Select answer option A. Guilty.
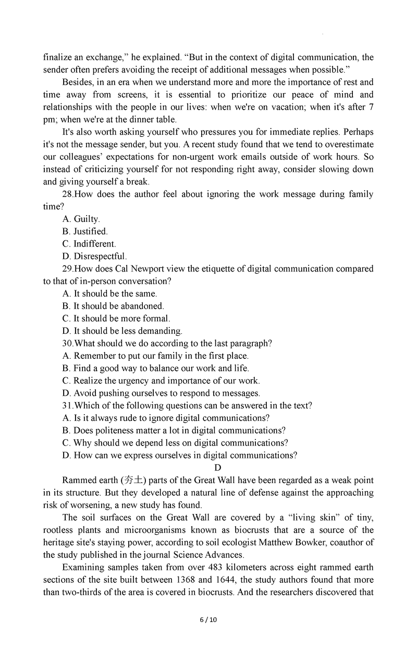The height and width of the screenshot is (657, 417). point(81,219)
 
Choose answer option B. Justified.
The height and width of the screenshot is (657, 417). point(85,231)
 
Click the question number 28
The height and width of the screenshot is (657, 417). point(68,194)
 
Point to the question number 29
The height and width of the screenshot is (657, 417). point(68,269)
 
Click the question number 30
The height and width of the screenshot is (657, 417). point(68,344)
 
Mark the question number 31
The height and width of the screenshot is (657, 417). point(68,406)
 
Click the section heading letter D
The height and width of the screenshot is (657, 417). point(217,467)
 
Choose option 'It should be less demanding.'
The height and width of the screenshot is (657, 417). point(122,331)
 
